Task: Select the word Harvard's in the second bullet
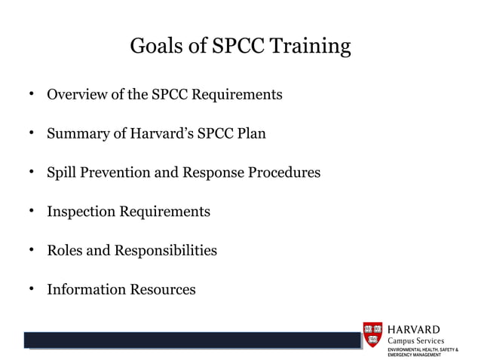[160, 134]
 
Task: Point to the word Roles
[65, 250]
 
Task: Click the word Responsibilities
[165, 250]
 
